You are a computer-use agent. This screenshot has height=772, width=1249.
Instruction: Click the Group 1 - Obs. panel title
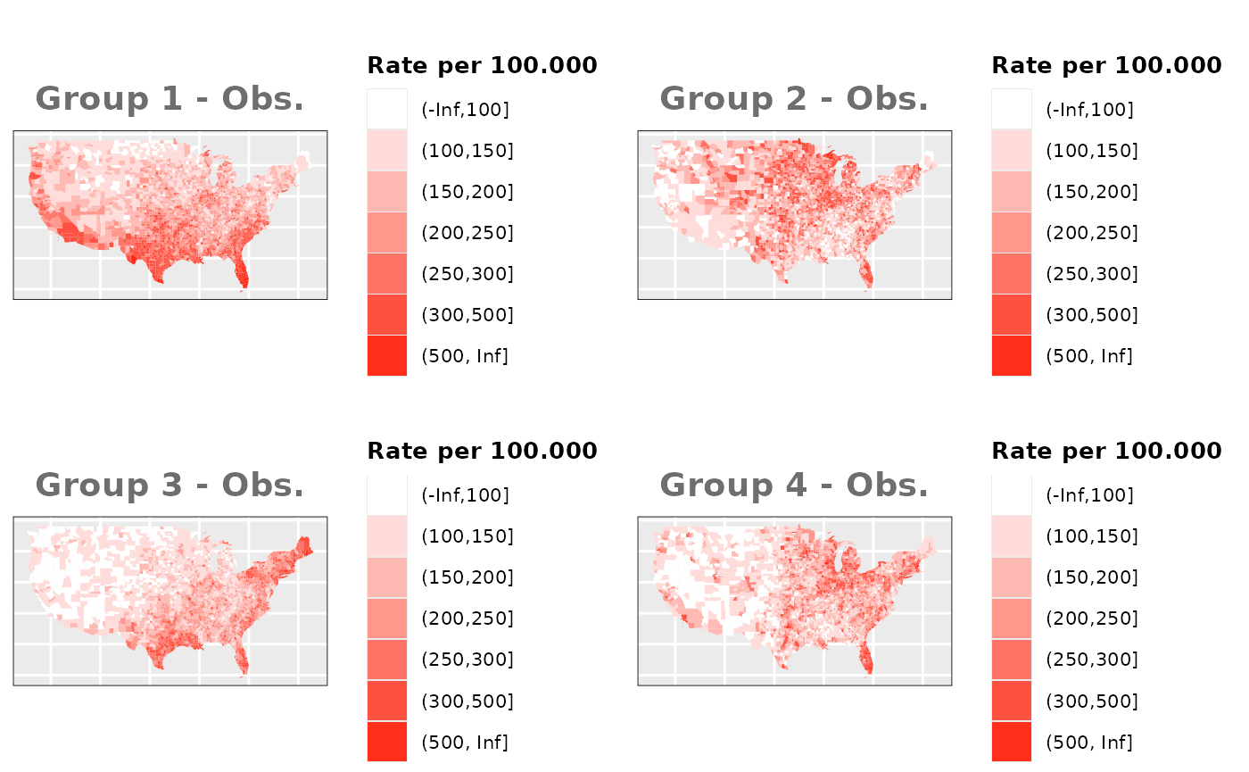170,99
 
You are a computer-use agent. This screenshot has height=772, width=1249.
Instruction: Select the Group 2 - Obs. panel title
794,99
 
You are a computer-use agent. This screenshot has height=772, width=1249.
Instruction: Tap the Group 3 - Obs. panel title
170,486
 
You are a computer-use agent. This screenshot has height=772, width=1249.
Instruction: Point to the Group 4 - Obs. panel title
794,486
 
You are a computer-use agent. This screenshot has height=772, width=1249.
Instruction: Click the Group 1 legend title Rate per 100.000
482,65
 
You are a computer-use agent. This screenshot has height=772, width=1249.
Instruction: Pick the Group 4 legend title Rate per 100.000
1106,451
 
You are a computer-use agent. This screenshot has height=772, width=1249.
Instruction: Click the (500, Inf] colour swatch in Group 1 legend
387,356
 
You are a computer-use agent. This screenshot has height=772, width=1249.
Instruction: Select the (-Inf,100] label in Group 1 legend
465,110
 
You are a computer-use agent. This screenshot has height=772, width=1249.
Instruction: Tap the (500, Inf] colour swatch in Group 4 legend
1012,742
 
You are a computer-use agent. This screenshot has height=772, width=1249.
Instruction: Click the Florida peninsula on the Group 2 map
864,271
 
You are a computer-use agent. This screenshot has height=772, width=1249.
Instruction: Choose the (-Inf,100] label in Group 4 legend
1089,495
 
